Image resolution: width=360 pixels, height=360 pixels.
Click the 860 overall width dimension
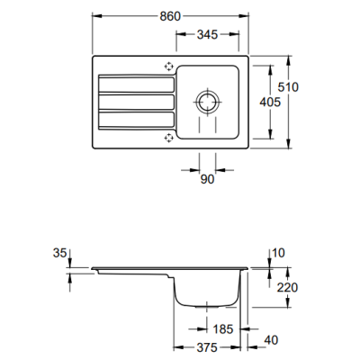click(170, 16)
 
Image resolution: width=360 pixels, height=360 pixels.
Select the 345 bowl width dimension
click(207, 34)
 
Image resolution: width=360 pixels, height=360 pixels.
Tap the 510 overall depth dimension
click(288, 87)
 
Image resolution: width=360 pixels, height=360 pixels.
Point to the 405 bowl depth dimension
click(270, 102)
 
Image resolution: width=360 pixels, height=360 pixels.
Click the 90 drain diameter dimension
click(207, 179)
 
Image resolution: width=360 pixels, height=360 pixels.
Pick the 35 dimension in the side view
click(59, 253)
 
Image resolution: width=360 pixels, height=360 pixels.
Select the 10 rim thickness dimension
click(278, 253)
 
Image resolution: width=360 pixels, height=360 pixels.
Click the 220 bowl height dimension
click(287, 287)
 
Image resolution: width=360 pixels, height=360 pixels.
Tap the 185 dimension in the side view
click(222, 329)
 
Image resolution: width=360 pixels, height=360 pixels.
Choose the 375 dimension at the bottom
click(207, 347)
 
